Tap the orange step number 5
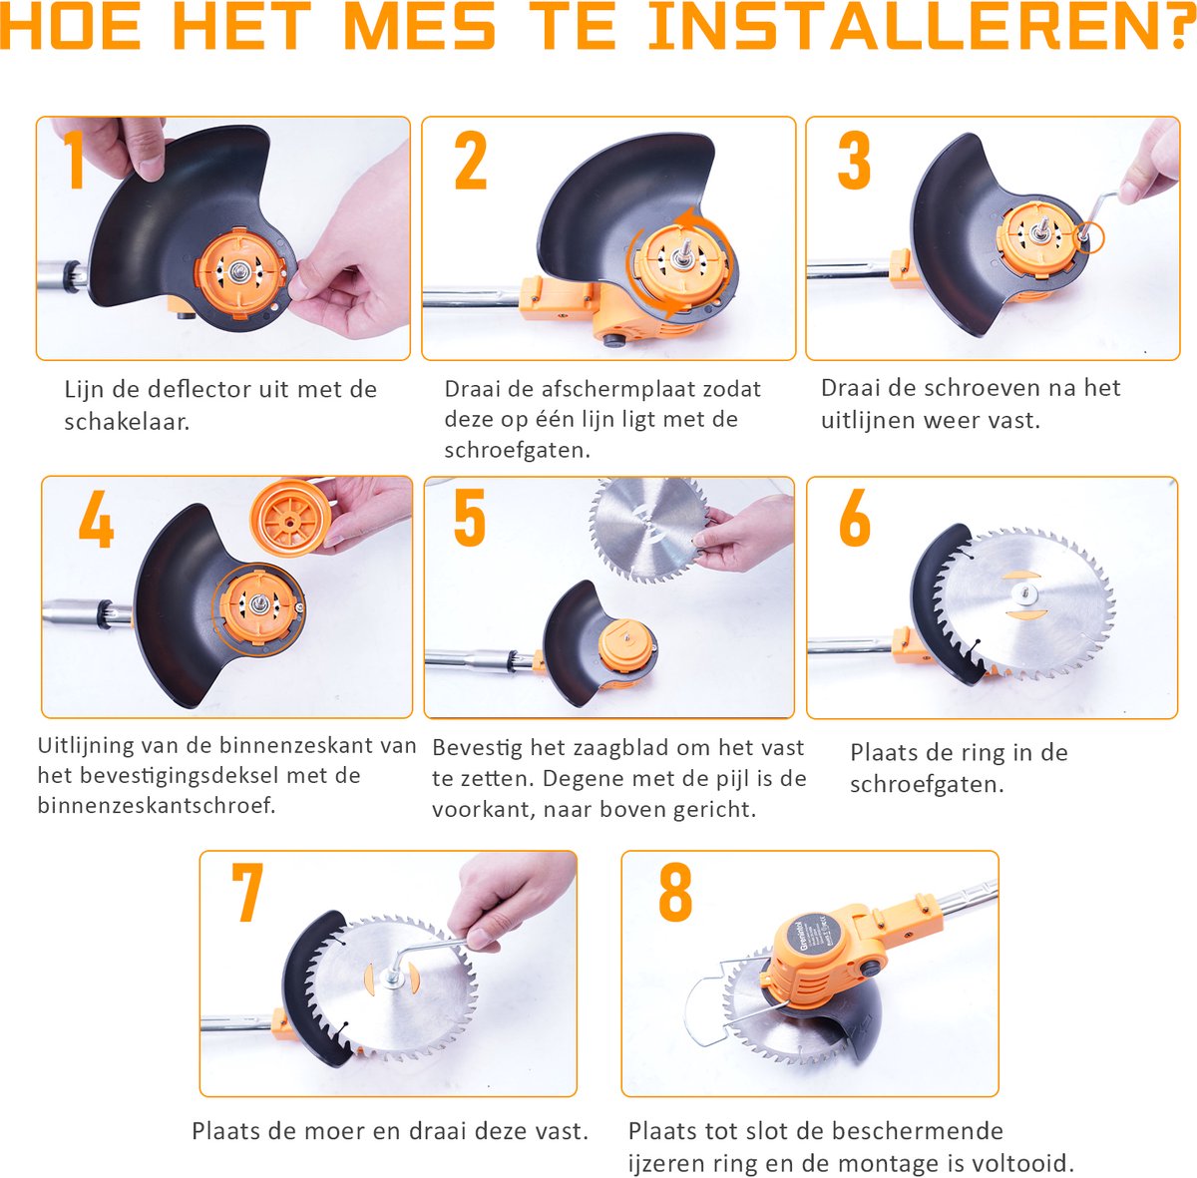point(470,517)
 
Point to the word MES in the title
point(420,26)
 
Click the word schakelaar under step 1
point(127,422)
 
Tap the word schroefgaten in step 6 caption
point(926,785)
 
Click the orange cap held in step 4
point(290,517)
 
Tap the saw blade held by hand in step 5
point(649,528)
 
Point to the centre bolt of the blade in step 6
point(1023,592)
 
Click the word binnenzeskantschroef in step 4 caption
point(157,806)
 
